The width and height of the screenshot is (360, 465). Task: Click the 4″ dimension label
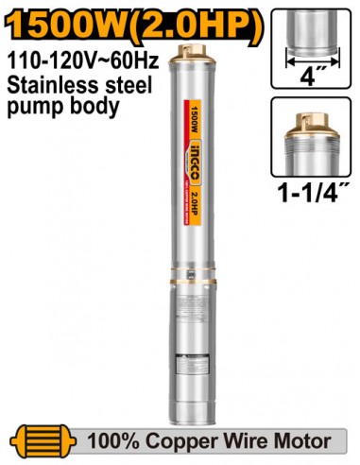click(310, 73)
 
